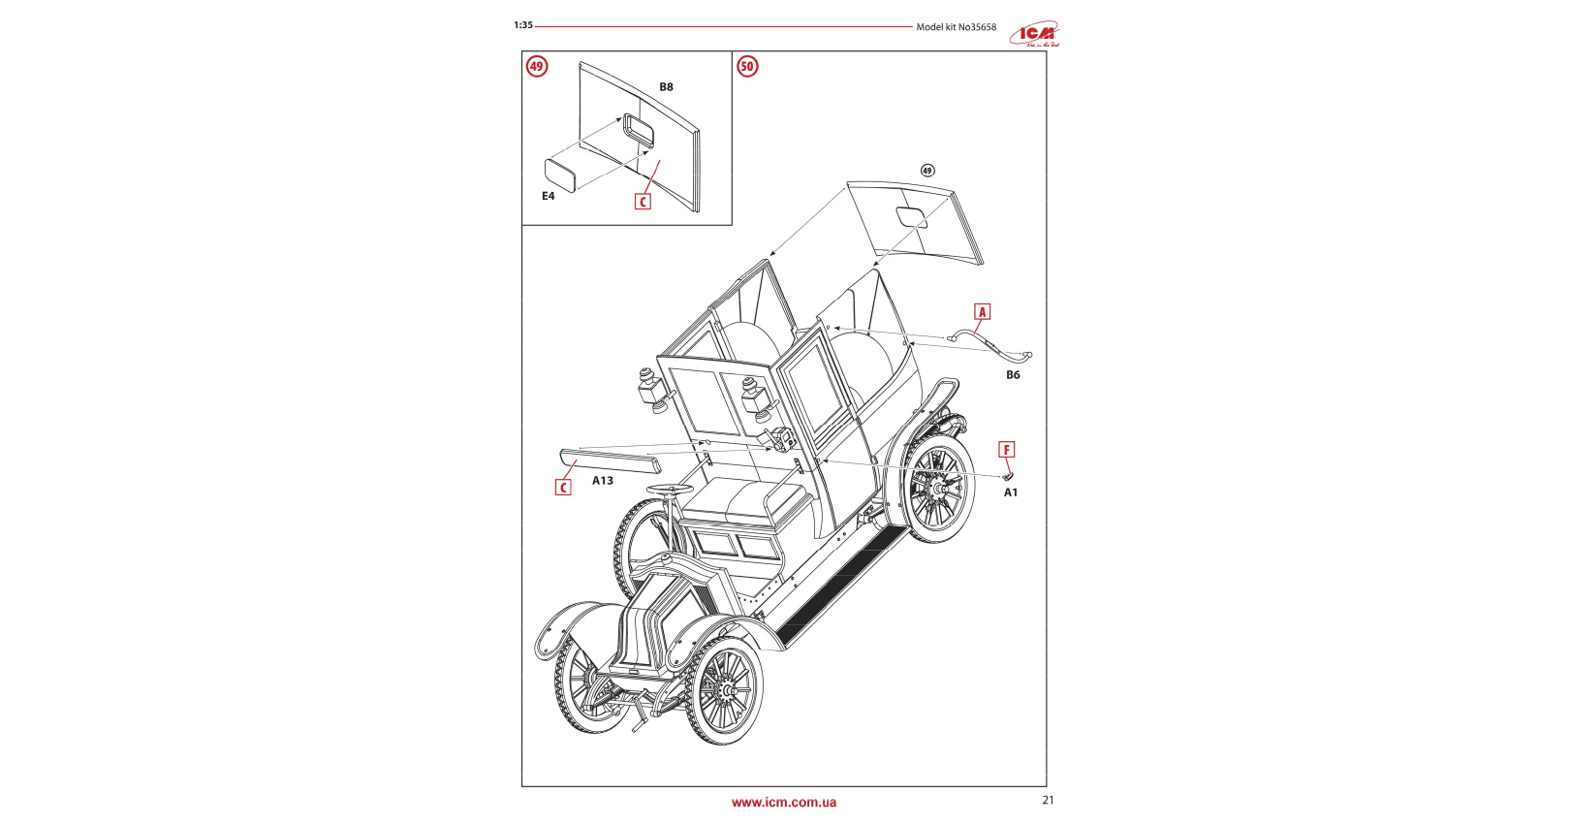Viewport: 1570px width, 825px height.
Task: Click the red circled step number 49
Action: coord(537,67)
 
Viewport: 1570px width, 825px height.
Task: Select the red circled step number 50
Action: coord(747,67)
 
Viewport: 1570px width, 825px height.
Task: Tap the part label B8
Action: coord(666,87)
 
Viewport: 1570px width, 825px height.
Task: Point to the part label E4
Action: coord(549,196)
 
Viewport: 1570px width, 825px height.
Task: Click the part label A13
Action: coord(603,481)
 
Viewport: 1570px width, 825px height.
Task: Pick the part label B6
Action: coord(1013,375)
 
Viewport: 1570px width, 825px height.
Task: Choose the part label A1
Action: coord(1011,492)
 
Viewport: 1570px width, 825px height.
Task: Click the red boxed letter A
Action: coord(982,312)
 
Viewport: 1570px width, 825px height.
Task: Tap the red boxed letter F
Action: coord(1007,450)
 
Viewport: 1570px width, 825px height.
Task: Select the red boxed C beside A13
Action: coord(563,488)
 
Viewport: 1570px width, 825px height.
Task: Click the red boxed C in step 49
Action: coord(643,202)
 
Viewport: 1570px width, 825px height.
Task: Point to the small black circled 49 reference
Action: coord(927,171)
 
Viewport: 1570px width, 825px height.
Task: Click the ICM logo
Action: coord(1034,34)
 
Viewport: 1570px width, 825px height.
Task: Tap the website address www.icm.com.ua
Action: coord(784,803)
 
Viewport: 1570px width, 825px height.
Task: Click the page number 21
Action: coord(1048,801)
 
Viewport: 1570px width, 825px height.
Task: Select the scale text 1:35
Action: coord(523,25)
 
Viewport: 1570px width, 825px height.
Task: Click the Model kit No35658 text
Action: coord(956,27)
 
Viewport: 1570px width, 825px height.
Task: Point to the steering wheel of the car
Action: coord(670,490)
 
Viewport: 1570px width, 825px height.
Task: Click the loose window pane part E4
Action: coord(561,175)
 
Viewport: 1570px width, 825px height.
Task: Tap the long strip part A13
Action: coord(610,460)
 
